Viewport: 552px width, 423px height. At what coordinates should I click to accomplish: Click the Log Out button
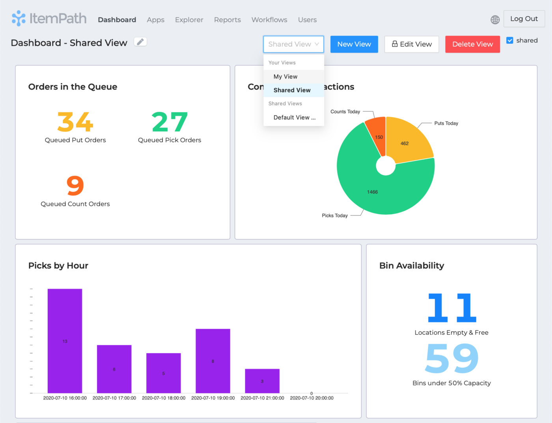[524, 19]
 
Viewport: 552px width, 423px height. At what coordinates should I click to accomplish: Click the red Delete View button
[472, 44]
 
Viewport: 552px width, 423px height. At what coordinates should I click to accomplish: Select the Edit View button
[412, 44]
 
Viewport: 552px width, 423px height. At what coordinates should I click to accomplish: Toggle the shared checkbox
[510, 40]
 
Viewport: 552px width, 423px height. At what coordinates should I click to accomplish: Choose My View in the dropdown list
[285, 77]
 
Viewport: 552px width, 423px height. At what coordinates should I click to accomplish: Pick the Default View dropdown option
[294, 118]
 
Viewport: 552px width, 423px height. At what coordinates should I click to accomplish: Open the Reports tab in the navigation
[227, 20]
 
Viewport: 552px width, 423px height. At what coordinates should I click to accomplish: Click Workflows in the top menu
[269, 20]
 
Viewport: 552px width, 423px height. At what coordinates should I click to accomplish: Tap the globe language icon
[495, 20]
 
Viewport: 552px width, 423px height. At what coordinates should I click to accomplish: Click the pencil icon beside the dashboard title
[140, 42]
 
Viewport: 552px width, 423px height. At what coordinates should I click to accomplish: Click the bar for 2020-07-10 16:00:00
[65, 341]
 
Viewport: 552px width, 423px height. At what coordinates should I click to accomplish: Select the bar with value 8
[213, 361]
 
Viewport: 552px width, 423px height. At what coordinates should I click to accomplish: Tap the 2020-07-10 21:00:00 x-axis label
[262, 398]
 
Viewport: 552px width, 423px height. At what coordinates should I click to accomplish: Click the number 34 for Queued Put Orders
[75, 122]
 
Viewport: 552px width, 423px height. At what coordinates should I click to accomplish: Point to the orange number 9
[75, 185]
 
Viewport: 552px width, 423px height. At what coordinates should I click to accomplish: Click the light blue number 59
[452, 358]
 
